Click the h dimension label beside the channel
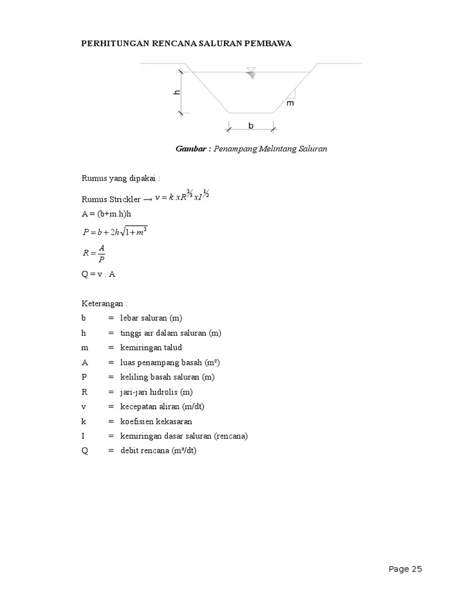176,92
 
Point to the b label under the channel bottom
251,125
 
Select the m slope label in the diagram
291,103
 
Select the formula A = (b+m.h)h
106,214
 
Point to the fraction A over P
101,253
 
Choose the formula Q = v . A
98,274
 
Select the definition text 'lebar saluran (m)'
151,318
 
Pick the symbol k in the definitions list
84,422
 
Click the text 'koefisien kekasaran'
156,422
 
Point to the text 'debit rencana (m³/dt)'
159,451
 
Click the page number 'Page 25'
405,569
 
